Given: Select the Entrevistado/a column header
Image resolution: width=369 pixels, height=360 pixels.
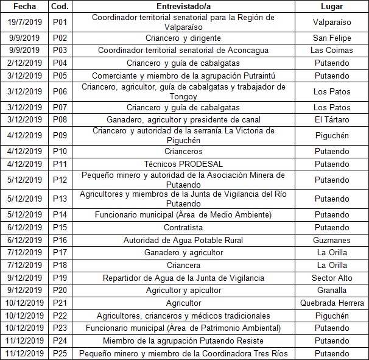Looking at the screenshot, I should pyautogui.click(x=183, y=7).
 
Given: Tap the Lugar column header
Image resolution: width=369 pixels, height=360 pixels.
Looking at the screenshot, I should pyautogui.click(x=331, y=7).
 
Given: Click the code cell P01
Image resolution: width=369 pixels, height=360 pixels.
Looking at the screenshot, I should pyautogui.click(x=59, y=22).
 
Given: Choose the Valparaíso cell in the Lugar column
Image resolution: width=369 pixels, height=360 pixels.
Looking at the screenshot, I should pyautogui.click(x=331, y=22).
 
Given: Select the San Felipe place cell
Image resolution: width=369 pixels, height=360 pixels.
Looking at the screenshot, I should pyautogui.click(x=331, y=38).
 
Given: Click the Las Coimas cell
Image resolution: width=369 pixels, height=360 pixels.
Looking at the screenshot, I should pyautogui.click(x=331, y=50).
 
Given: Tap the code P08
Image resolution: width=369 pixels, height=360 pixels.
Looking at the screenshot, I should pyautogui.click(x=59, y=119).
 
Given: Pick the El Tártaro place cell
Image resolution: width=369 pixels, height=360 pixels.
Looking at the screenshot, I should pyautogui.click(x=331, y=119).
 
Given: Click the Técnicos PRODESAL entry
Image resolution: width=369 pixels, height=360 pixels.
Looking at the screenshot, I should pyautogui.click(x=183, y=164).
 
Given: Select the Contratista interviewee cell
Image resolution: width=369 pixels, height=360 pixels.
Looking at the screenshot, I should pyautogui.click(x=183, y=227).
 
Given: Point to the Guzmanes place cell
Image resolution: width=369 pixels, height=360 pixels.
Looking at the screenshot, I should pyautogui.click(x=331, y=240).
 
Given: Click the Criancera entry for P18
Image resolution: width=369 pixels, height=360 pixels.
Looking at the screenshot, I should pyautogui.click(x=183, y=266).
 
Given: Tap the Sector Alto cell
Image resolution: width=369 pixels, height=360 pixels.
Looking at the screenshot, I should pyautogui.click(x=331, y=278).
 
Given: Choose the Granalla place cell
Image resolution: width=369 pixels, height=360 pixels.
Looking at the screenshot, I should pyautogui.click(x=331, y=291).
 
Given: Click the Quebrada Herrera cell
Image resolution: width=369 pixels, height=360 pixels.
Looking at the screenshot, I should pyautogui.click(x=331, y=303).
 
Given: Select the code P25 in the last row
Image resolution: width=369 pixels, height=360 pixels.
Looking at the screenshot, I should pyautogui.click(x=59, y=353).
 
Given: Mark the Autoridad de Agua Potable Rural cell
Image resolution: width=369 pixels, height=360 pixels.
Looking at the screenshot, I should pyautogui.click(x=183, y=240).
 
